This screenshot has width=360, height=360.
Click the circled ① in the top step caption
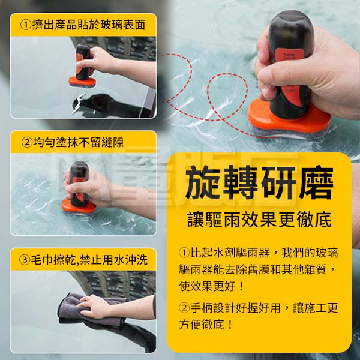click(25, 25)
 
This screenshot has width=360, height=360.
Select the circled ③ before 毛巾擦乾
click(25, 260)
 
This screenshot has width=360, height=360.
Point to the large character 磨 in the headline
click(316, 182)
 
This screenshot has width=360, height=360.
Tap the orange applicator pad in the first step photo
click(82, 82)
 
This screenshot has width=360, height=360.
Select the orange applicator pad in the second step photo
click(79, 206)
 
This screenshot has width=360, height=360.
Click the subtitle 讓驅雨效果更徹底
click(259, 220)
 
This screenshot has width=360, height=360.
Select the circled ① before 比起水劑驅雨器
click(184, 253)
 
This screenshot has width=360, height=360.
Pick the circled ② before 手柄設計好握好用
click(184, 308)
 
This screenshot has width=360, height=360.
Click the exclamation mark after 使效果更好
click(241, 286)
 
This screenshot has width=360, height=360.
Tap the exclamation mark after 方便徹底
click(230, 325)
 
